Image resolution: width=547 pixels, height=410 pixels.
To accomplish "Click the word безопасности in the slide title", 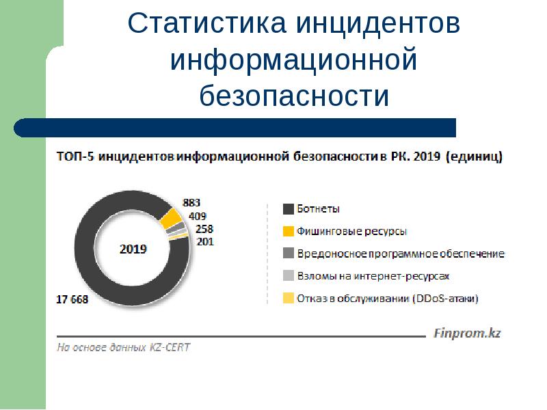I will pos(294,96).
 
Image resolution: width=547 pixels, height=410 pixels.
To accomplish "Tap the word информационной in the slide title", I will pos(294,59).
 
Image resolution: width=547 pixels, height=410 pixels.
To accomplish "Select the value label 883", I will pos(191,202).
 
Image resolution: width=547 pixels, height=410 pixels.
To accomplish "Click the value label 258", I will pos(204,229).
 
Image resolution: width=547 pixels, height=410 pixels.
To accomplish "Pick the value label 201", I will pos(204,241).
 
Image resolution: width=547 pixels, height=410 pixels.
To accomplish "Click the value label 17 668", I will pos(72,299).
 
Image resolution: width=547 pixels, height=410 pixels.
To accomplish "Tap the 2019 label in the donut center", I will pos(133,249).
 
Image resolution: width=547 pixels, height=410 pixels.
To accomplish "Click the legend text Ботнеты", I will pos(318,209).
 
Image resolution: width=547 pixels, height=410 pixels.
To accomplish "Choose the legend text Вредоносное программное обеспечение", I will pos(401,254).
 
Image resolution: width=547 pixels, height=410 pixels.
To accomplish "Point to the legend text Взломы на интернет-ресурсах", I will pos(373,276).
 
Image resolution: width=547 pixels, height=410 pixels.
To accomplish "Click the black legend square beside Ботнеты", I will pos(288,209).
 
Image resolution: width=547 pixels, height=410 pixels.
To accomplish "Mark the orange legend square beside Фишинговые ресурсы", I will pos(288,232).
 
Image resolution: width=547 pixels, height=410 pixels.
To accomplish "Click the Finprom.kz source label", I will pos(468,334).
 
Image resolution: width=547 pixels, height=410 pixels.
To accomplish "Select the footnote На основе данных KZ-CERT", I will pos(123,347).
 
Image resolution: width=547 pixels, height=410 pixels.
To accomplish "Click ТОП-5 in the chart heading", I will pos(75,157).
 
